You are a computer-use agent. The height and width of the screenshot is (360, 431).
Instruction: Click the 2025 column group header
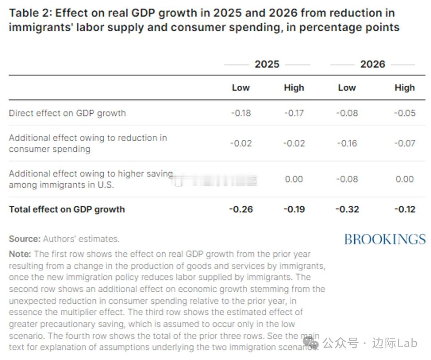[267, 64]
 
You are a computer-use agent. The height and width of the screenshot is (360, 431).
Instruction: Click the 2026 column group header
[372, 64]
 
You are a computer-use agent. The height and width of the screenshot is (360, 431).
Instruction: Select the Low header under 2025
[241, 88]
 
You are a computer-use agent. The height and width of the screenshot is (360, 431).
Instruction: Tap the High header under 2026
[404, 88]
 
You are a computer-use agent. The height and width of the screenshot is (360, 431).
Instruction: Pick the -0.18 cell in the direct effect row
[241, 113]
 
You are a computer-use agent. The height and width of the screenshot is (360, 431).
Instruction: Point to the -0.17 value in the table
[294, 113]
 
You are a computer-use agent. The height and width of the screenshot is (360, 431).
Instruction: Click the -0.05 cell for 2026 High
[404, 113]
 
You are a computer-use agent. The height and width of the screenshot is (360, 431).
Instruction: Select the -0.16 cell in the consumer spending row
[347, 143]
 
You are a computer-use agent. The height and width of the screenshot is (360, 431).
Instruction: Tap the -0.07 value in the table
[404, 143]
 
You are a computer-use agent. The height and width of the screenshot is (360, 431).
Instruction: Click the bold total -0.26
[241, 209]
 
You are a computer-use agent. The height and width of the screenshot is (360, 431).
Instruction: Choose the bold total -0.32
[347, 209]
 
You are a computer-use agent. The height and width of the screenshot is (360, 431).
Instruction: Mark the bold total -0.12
[404, 209]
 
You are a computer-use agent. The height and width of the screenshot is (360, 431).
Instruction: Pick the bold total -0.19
[294, 209]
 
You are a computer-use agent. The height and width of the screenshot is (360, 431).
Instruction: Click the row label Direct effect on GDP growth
[67, 113]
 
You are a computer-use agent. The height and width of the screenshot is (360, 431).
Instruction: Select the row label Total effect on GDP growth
[67, 209]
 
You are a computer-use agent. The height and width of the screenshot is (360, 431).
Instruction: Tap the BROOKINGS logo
[385, 239]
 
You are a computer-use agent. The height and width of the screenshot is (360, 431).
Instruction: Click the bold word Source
[24, 239]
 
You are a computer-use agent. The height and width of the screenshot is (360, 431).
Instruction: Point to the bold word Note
[20, 254]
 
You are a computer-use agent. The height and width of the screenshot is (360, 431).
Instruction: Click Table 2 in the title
[30, 13]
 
